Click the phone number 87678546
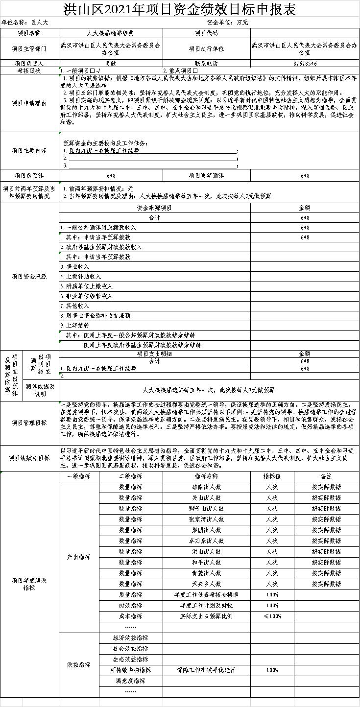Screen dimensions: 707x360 click(x=305, y=63)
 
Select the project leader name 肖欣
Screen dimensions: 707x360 click(x=111, y=63)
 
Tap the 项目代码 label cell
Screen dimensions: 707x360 click(x=206, y=33)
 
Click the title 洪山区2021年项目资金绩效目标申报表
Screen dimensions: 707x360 click(x=180, y=9)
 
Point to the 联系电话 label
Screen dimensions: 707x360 click(x=206, y=63)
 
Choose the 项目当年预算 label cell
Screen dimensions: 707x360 click(x=206, y=175)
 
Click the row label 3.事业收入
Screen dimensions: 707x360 click(x=75, y=267)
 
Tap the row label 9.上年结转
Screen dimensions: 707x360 click(x=75, y=326)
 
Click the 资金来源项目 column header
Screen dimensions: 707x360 click(x=154, y=208)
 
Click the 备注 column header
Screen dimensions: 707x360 click(x=326, y=476)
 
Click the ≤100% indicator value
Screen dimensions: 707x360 click(x=272, y=616)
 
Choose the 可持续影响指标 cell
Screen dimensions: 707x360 click(x=131, y=670)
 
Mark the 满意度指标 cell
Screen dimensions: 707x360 click(x=131, y=681)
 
